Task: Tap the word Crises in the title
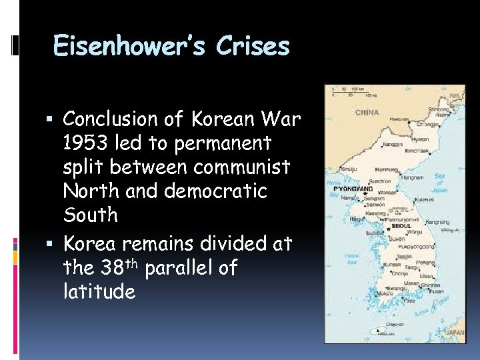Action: [253, 47]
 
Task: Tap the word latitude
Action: [99, 291]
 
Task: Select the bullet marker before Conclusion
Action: [54, 119]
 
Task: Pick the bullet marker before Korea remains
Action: [54, 244]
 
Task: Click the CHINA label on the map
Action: [367, 113]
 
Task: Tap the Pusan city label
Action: [437, 291]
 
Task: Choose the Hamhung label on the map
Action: [383, 170]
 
